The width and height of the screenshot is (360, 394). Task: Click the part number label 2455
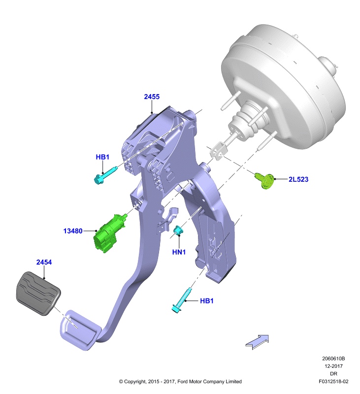click(152, 97)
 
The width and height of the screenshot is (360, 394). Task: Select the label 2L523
click(298, 179)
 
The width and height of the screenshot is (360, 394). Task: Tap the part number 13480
click(73, 231)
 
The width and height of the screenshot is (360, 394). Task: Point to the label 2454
click(44, 263)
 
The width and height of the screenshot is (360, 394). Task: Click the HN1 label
click(179, 252)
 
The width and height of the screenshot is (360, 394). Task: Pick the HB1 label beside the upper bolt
click(102, 157)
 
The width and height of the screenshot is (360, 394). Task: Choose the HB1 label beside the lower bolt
click(207, 301)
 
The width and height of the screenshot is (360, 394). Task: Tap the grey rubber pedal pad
click(38, 293)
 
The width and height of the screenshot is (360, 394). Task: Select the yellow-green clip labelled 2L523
click(265, 180)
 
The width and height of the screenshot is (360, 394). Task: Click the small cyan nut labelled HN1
click(178, 230)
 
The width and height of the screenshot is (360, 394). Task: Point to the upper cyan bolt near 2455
click(105, 175)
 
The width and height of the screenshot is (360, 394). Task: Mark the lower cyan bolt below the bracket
click(182, 300)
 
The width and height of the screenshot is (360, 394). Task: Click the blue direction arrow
click(257, 342)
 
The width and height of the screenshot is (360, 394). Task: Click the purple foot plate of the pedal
click(78, 330)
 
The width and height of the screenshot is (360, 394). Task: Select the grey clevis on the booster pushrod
click(219, 151)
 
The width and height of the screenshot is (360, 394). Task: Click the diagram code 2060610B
click(333, 359)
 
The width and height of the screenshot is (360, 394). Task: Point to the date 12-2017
click(333, 366)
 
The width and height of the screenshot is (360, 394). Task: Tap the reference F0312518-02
click(333, 381)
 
